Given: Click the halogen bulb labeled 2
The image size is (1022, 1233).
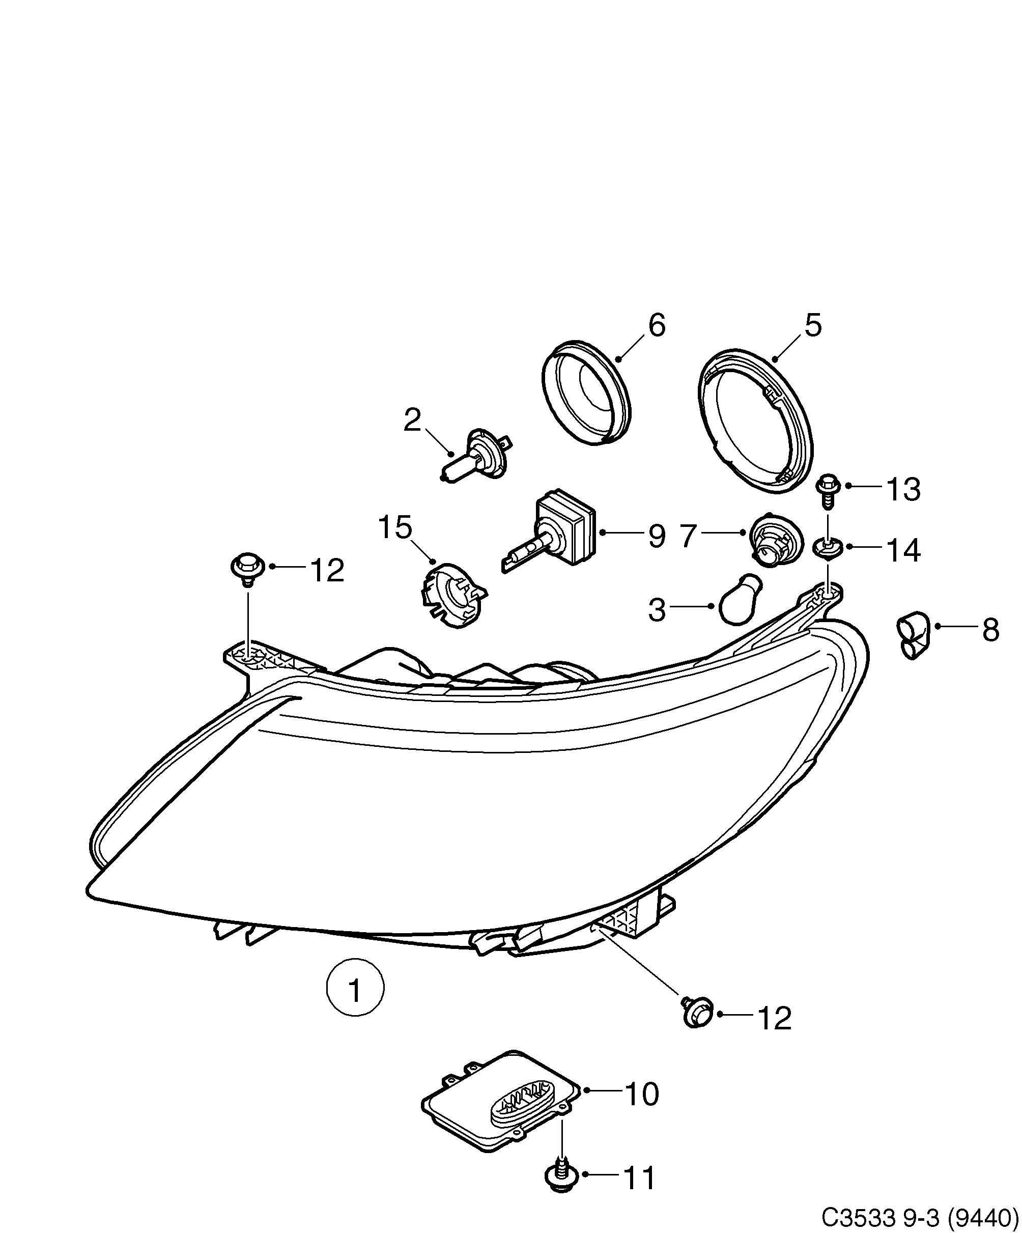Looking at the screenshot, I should pyautogui.click(x=475, y=457).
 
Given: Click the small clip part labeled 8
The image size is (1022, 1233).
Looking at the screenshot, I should pyautogui.click(x=913, y=635).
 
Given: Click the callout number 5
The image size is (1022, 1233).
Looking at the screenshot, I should pyautogui.click(x=813, y=325).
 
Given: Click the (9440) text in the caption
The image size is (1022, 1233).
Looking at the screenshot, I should pyautogui.click(x=983, y=1216).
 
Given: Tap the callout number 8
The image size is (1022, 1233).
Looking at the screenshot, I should pyautogui.click(x=990, y=631).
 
